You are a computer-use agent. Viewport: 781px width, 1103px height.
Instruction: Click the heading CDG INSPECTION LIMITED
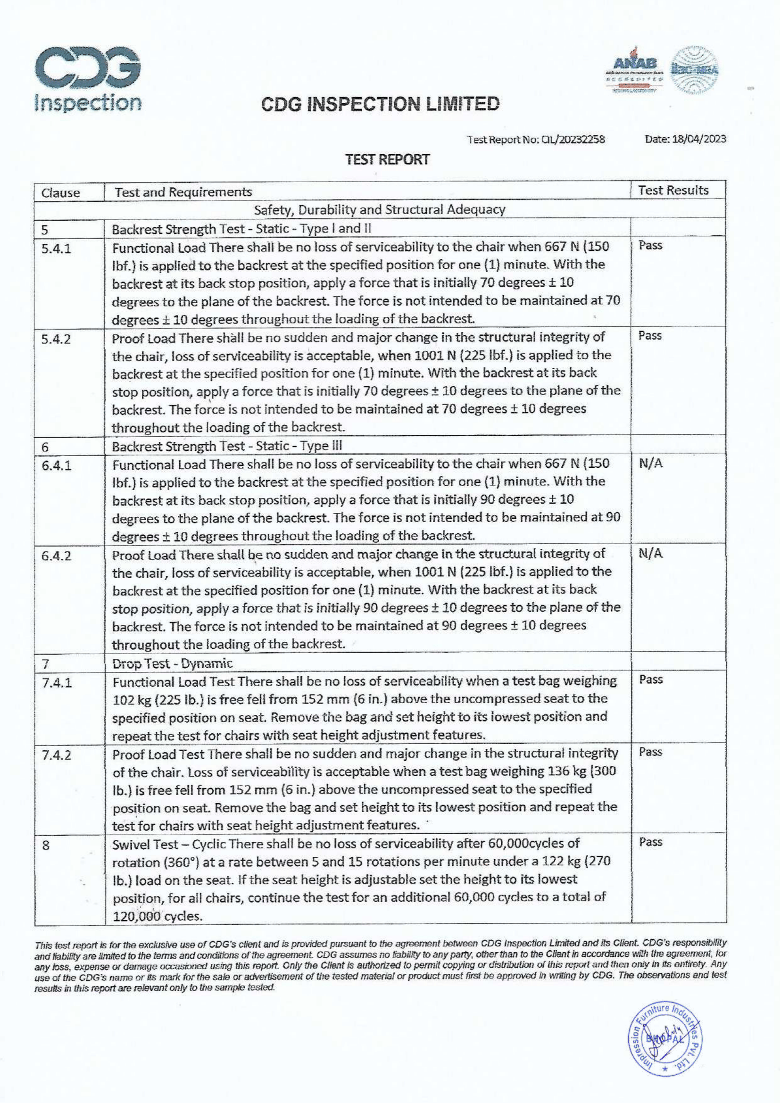pyautogui.click(x=381, y=103)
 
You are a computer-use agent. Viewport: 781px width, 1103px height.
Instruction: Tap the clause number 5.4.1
pyautogui.click(x=56, y=249)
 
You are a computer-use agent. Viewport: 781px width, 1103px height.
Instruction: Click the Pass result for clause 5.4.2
pyautogui.click(x=650, y=336)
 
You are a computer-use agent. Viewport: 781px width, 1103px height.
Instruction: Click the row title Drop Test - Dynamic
pyautogui.click(x=172, y=663)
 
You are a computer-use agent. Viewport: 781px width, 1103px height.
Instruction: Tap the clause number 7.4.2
pyautogui.click(x=56, y=755)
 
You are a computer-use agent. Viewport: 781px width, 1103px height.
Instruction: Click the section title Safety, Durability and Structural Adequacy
pyautogui.click(x=380, y=210)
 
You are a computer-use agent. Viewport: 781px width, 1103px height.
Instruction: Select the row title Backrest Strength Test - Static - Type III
pyautogui.click(x=227, y=446)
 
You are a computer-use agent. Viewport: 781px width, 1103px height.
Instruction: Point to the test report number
pyautogui.click(x=536, y=140)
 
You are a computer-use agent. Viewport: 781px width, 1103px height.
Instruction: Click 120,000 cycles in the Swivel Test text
pyautogui.click(x=157, y=915)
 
